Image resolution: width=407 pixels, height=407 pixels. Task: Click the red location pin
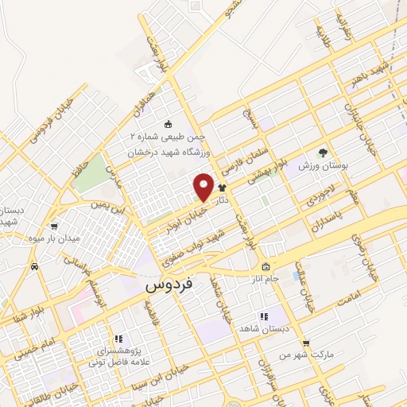(203, 185)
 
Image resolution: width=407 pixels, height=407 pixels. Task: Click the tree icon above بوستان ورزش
(322, 153)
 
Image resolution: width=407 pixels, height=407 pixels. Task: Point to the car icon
(34, 267)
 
